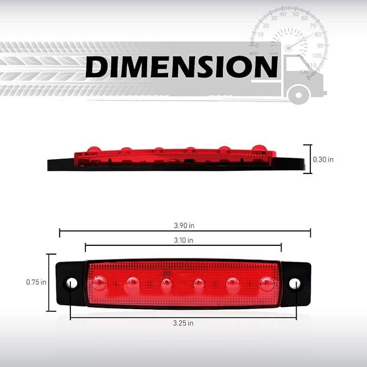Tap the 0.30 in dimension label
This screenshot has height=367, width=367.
click(x=323, y=159)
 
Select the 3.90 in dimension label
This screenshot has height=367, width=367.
click(x=184, y=225)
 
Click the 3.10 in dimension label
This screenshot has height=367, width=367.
click(x=184, y=240)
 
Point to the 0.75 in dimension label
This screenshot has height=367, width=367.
click(x=36, y=282)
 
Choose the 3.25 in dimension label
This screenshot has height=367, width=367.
click(x=183, y=323)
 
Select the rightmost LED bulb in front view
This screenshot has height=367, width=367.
click(x=266, y=282)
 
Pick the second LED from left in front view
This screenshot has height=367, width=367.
click(x=132, y=282)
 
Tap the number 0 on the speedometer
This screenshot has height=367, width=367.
click(x=256, y=46)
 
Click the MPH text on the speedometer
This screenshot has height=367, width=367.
click(x=253, y=54)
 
